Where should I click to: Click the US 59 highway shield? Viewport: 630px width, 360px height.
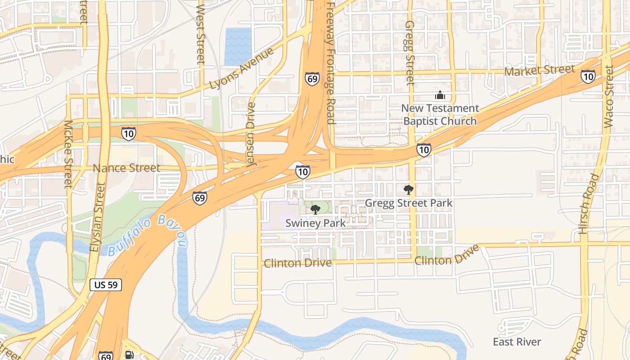coord(106,284)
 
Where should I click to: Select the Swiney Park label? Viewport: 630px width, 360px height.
coord(315,223)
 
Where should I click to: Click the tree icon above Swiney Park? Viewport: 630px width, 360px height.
coord(315,209)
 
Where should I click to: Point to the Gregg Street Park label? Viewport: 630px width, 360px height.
coord(408,203)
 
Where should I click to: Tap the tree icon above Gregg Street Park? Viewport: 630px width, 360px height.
coord(408,190)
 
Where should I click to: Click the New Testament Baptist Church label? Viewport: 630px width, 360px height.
coord(440,115)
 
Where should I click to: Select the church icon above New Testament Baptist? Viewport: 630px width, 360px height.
coord(440,95)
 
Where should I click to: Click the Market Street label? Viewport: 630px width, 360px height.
coord(540,70)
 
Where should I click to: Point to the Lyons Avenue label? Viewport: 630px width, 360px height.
coord(242,69)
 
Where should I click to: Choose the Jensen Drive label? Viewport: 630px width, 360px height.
coord(251,135)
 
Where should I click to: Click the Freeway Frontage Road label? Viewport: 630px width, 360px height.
coord(331,63)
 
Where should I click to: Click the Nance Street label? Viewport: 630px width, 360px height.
coord(126,168)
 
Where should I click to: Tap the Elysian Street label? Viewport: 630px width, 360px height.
coord(97,217)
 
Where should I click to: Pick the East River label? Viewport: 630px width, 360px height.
coord(517,342)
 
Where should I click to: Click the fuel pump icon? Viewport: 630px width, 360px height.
coord(129,355)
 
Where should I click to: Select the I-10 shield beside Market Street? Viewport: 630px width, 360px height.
coord(588,76)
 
